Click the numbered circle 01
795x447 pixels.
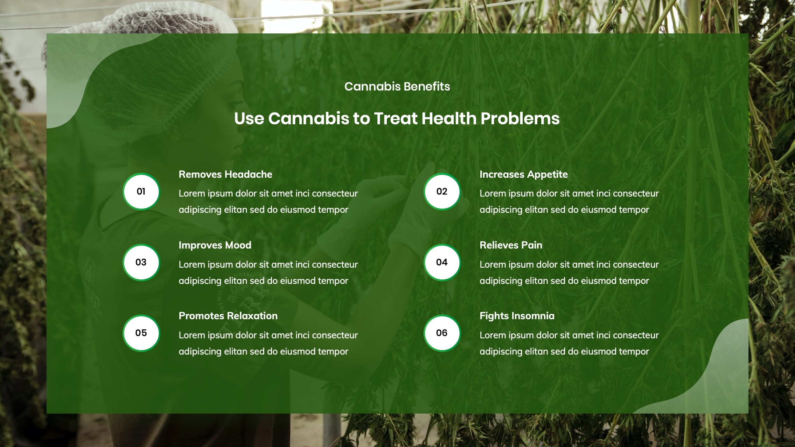141,191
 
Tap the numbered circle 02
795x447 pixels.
442,191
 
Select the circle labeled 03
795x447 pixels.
141,262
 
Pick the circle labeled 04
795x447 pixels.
442,262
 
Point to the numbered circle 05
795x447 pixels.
141,333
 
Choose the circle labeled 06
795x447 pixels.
442,333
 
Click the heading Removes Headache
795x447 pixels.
225,174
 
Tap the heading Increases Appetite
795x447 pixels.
523,174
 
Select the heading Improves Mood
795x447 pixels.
215,245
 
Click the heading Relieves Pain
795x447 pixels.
511,245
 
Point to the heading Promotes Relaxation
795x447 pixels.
228,316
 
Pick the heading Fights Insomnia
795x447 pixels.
517,316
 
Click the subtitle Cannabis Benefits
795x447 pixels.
397,86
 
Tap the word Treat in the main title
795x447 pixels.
395,119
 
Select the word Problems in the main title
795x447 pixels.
520,119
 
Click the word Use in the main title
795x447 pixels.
249,119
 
